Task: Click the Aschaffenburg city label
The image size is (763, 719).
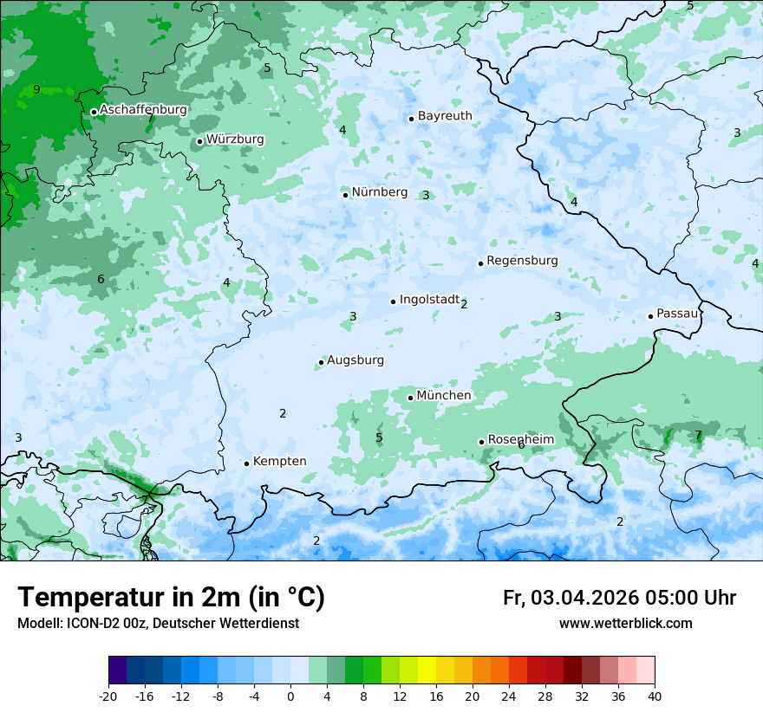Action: tap(143, 110)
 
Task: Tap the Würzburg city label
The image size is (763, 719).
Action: tap(235, 139)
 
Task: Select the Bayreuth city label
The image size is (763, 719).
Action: tap(445, 116)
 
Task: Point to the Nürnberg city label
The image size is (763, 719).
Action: tap(379, 192)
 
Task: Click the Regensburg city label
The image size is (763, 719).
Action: tap(522, 261)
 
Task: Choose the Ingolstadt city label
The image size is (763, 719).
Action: tap(429, 300)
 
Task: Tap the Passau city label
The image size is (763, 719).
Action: tap(677, 314)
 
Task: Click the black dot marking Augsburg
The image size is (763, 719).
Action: tap(321, 362)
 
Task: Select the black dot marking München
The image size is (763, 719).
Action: tap(411, 398)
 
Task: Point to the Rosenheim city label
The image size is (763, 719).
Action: tap(520, 440)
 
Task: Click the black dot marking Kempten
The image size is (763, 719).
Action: tap(247, 463)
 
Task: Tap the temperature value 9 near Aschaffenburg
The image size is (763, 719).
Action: tap(36, 90)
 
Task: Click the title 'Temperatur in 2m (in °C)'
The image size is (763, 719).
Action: tap(171, 598)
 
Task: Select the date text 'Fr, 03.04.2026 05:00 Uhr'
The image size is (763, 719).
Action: tap(619, 599)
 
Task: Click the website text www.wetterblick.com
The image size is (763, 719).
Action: tap(625, 624)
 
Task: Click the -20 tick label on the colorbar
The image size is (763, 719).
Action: tap(108, 696)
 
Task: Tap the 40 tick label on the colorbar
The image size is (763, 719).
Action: tap(655, 696)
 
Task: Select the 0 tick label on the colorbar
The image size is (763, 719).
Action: tap(290, 696)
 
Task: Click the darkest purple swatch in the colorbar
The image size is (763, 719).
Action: tap(117, 671)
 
